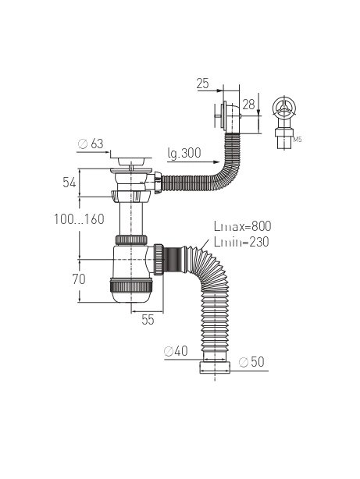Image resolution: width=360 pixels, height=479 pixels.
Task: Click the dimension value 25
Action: tap(203, 83)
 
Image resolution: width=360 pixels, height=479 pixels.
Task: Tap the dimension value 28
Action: tap(248, 105)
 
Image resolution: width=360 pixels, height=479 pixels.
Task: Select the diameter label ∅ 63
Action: tap(91, 144)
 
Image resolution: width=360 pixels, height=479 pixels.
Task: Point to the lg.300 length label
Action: tap(184, 154)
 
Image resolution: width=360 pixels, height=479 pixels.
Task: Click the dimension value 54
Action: tap(70, 183)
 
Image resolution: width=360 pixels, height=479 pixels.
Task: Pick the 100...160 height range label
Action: tap(79, 219)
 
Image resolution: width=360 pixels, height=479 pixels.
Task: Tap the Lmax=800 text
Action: tap(243, 226)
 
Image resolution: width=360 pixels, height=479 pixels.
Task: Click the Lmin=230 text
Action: tap(241, 242)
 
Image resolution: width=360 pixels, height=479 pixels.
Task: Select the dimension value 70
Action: tap(79, 279)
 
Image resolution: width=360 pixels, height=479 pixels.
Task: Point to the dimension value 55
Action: tap(148, 320)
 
